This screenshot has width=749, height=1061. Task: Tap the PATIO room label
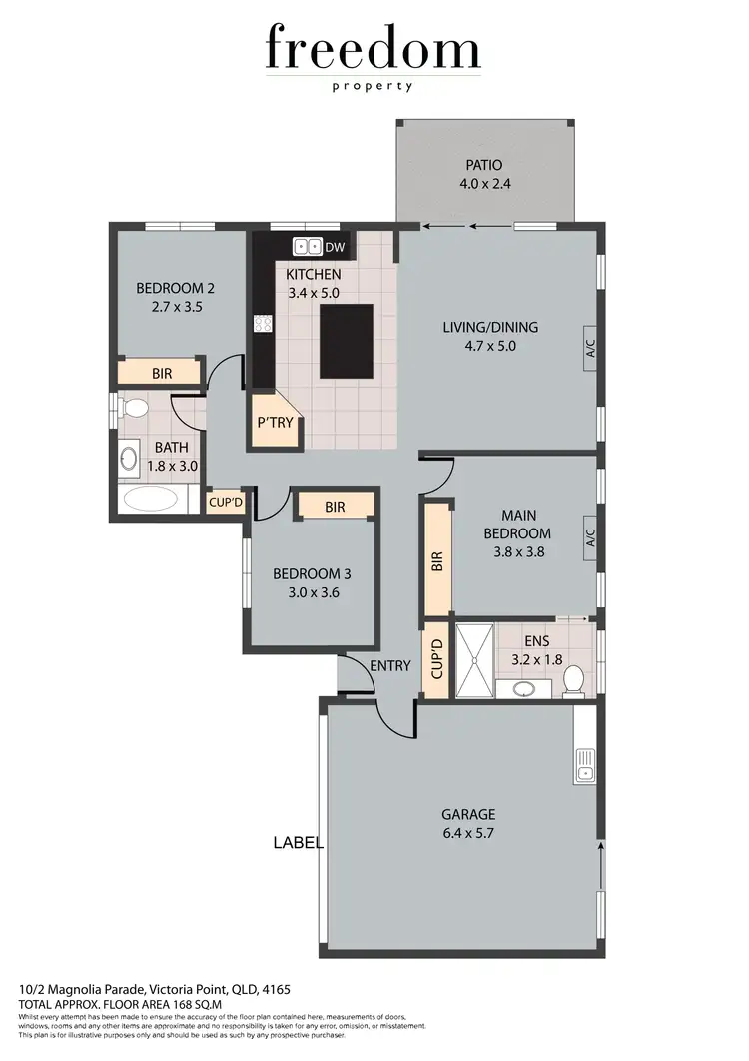483,165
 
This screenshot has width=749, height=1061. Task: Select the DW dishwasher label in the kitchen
336,247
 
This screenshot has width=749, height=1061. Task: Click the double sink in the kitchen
307,246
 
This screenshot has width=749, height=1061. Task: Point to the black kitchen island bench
347,342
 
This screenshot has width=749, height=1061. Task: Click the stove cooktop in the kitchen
265,323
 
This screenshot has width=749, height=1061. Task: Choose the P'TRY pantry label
275,423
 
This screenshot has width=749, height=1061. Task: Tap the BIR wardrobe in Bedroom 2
161,373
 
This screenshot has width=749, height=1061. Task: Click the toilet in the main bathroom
132,408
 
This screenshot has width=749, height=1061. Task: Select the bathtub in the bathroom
149,499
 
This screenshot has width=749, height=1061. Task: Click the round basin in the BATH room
130,459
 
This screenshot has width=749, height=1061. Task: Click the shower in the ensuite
474,659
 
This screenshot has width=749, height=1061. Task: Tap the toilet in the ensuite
574,681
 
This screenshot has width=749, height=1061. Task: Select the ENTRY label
389,666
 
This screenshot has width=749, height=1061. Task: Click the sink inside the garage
585,765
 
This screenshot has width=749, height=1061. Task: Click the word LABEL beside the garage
298,843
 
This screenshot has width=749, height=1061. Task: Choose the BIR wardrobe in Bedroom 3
335,508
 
